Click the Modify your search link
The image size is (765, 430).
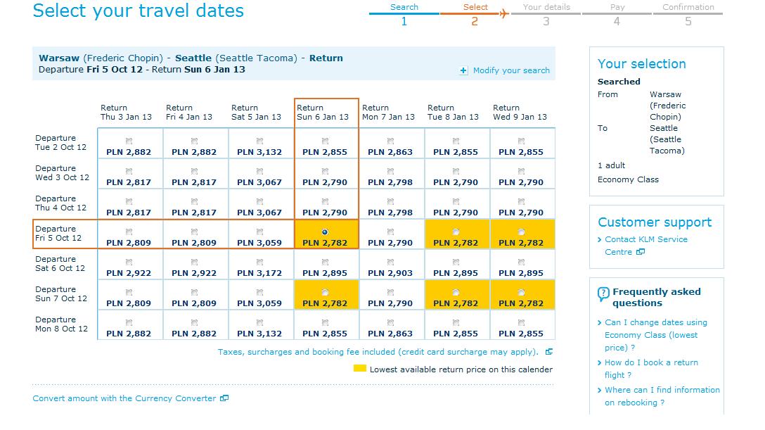pos(510,70)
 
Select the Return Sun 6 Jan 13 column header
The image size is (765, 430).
pos(323,113)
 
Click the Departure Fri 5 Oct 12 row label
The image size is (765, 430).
pos(58,234)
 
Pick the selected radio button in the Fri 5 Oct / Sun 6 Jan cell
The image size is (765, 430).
pos(325,232)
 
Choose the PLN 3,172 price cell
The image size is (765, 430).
pos(259,273)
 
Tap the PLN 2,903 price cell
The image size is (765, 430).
pos(390,273)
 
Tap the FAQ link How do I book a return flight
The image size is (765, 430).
pos(651,369)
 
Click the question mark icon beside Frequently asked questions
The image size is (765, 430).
pos(603,294)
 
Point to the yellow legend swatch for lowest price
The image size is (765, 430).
pos(360,368)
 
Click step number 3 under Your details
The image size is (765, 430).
pos(546,22)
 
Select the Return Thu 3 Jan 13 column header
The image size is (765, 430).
pos(126,113)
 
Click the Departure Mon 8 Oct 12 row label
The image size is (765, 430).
pos(61,324)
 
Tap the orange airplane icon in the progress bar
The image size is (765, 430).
pos(504,13)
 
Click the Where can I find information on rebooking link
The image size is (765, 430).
pos(662,396)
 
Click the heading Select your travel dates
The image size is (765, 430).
pos(138,11)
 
